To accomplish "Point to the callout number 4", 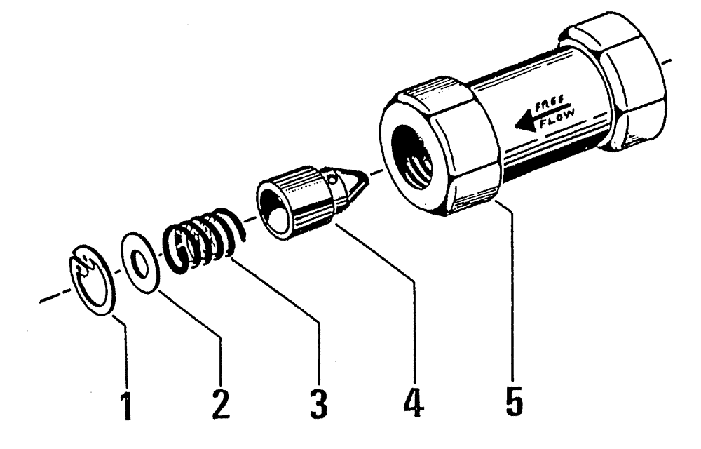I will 415,403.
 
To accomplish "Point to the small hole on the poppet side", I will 335,182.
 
